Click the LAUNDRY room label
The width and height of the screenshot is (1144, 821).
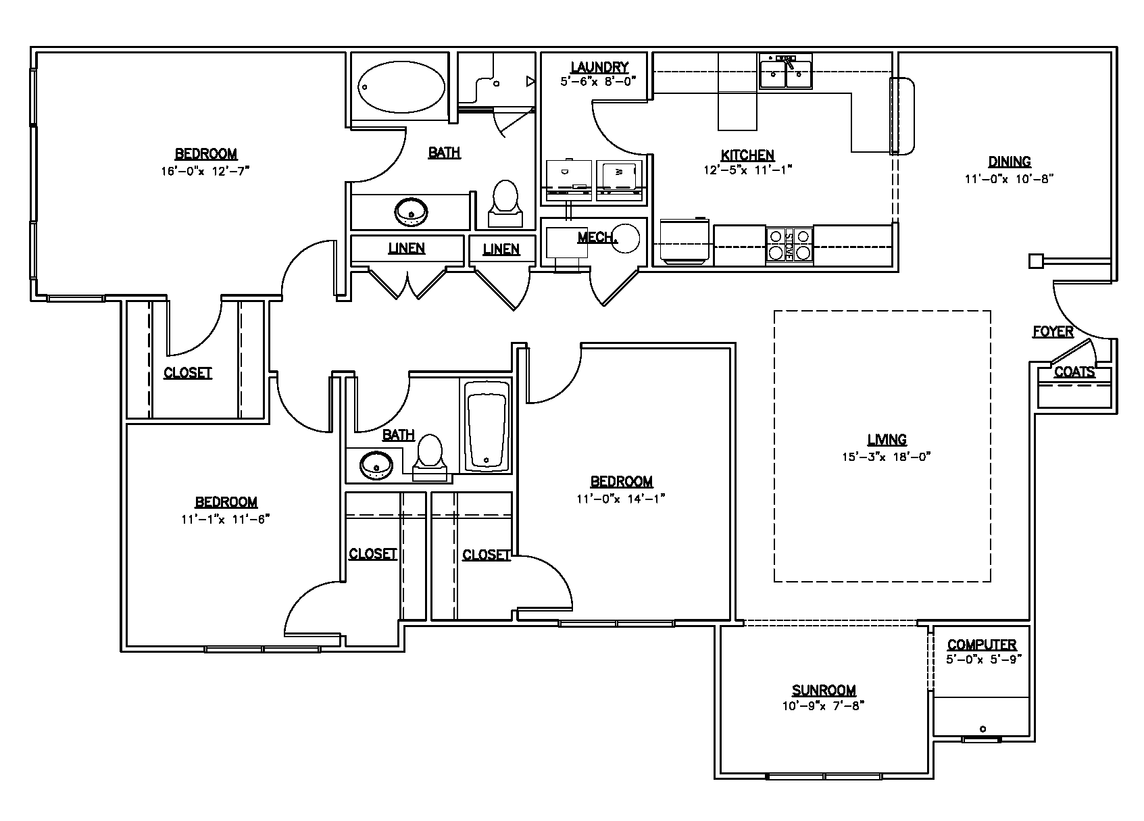coord(599,67)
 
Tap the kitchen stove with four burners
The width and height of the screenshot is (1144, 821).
coord(789,245)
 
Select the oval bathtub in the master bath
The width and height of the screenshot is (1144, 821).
coord(401,88)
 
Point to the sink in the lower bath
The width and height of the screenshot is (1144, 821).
coord(376,465)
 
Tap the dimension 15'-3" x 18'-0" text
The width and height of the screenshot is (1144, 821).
coord(886,456)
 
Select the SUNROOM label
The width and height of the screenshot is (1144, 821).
coord(824,690)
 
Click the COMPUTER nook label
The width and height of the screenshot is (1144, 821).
coord(981,645)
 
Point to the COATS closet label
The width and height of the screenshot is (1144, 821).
coord(1074,372)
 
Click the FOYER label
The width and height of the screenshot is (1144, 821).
coord(1053,331)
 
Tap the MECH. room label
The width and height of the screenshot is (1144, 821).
coord(596,237)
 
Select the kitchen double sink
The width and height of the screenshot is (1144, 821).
coord(785,72)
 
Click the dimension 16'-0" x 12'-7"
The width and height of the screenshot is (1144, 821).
coord(205,171)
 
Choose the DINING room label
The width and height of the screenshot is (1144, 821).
coord(1010,161)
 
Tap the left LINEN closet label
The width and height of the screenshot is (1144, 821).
coord(407,248)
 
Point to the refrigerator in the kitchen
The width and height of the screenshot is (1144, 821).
coord(684,241)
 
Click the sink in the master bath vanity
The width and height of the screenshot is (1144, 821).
coord(410,212)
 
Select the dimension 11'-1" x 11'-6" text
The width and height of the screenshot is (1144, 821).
coord(226,519)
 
